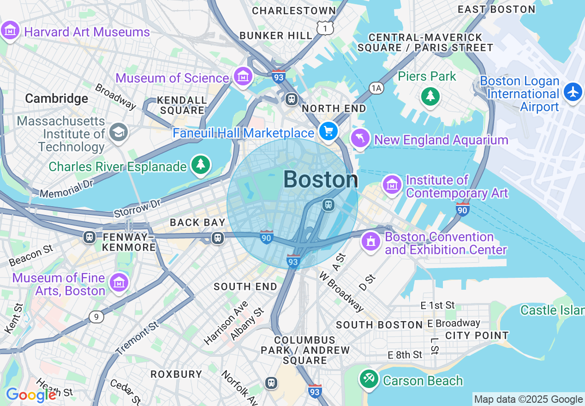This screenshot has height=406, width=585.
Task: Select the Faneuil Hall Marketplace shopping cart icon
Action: tap(328, 132)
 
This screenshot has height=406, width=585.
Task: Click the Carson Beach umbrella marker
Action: tap(369, 380)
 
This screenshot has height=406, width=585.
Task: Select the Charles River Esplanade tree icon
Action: tap(200, 165)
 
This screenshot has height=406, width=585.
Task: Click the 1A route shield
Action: tap(376, 88)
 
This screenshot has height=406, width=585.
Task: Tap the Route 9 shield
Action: tap(96, 317)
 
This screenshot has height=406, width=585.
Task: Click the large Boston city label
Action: tap(320, 179)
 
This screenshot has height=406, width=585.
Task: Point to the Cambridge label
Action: tap(56, 98)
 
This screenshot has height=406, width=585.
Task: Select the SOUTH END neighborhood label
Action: tap(245, 287)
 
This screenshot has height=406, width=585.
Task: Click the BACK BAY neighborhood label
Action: tap(197, 222)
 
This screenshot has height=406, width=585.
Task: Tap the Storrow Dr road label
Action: tap(137, 209)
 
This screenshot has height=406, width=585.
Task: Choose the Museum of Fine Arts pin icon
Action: tap(119, 282)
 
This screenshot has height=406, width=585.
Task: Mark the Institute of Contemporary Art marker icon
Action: tap(392, 185)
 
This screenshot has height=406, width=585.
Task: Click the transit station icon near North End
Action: tap(292, 99)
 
